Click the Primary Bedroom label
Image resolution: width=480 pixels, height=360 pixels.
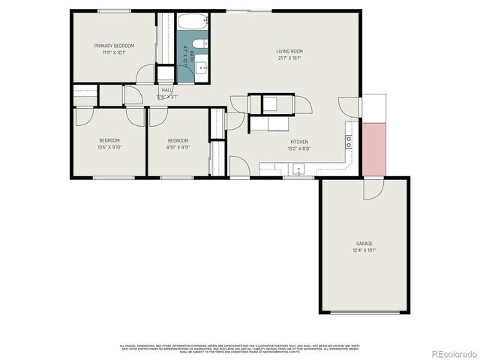[x=113, y=46]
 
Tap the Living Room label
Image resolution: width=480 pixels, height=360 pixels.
[x=289, y=52]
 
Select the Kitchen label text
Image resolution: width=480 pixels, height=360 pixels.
[x=299, y=142]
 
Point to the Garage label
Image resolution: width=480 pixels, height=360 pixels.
[x=364, y=243]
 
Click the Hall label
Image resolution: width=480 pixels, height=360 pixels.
[x=166, y=91]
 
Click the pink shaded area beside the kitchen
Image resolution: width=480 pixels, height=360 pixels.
[x=373, y=148]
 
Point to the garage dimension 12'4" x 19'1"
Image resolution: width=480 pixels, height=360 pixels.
[x=364, y=250]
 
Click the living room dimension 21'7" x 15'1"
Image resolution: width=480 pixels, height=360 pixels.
[x=289, y=58]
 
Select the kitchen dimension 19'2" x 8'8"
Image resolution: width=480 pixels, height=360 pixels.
[x=299, y=148]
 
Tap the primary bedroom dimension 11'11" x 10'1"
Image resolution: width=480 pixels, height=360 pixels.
[x=113, y=52]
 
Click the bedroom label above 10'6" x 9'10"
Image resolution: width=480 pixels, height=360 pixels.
[x=109, y=140]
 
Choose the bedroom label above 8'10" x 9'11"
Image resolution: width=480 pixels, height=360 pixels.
[x=178, y=140]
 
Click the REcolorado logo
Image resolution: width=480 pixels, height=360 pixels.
[x=448, y=352]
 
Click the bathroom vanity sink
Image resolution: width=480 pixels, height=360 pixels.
[x=202, y=68]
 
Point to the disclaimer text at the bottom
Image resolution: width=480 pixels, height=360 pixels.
[x=240, y=347]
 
